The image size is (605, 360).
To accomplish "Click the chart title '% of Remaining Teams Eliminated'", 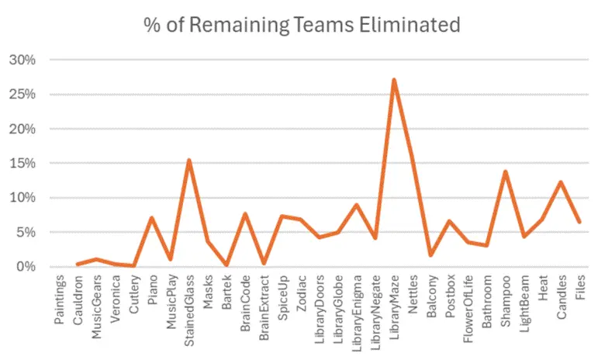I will (x=302, y=24).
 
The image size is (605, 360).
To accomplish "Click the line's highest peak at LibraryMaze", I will (x=394, y=80).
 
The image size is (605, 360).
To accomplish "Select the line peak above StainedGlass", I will (x=189, y=161).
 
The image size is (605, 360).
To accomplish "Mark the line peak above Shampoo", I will (x=506, y=171).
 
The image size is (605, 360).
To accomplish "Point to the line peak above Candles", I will (x=562, y=182).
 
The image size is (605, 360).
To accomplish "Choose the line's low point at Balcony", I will (x=431, y=254).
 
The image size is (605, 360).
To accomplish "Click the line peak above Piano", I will (x=152, y=218).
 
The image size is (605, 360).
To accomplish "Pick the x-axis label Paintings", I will (x=60, y=299).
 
